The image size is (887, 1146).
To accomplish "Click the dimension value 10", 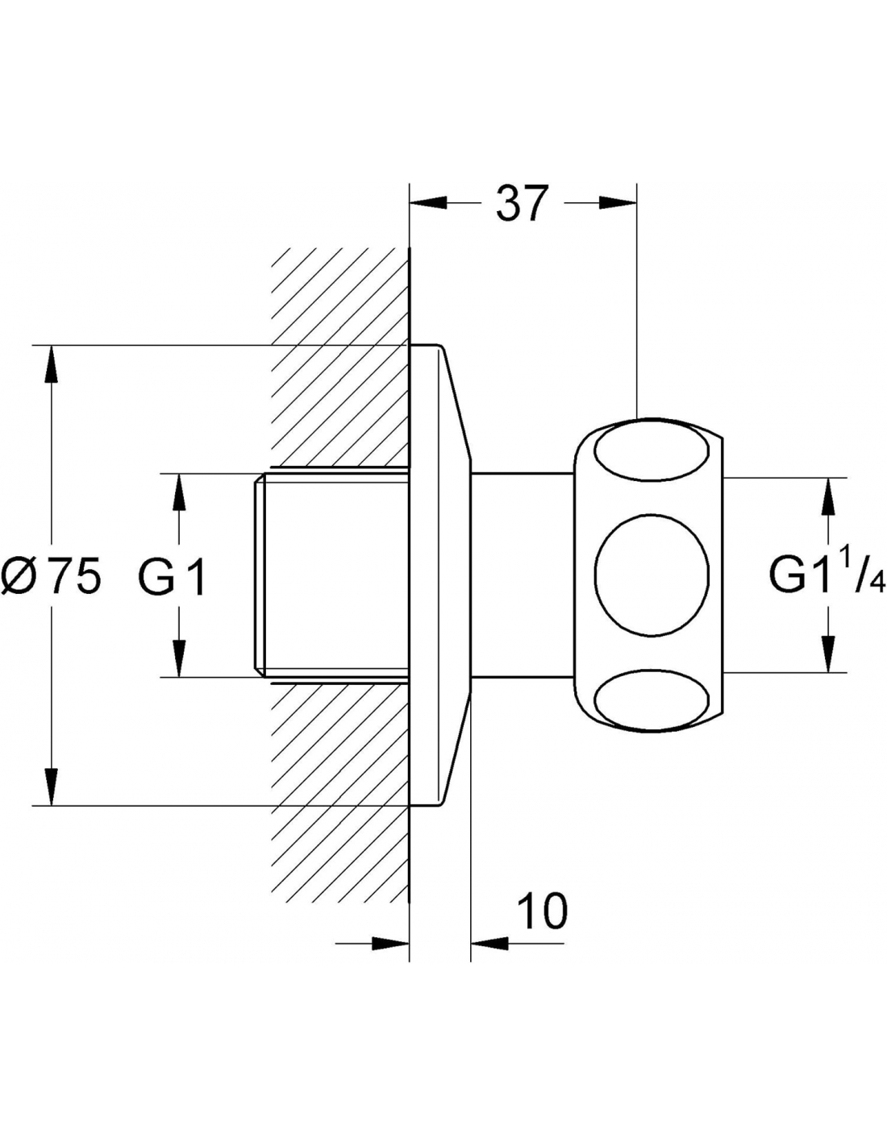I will [542, 912].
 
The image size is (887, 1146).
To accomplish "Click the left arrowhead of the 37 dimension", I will [428, 203].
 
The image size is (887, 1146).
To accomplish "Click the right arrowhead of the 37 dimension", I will [619, 203].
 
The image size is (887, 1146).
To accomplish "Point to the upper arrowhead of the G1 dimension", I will [179, 492].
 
